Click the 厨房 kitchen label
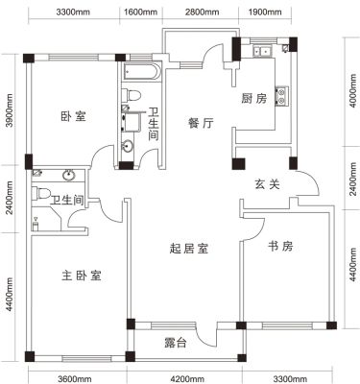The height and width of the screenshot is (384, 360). (x=253, y=98)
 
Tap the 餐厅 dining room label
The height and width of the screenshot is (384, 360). (x=201, y=123)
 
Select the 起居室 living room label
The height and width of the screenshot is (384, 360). (x=189, y=249)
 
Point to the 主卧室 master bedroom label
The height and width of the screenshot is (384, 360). (x=82, y=276)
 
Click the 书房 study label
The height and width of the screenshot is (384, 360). (x=280, y=246)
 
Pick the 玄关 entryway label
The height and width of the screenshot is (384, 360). (x=267, y=184)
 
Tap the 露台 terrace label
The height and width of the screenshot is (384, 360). (x=176, y=343)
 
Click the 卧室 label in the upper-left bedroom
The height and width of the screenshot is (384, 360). (x=73, y=116)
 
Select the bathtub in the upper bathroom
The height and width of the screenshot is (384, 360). (x=140, y=72)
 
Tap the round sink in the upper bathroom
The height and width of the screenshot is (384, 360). (x=128, y=147)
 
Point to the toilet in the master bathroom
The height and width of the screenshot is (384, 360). (x=41, y=194)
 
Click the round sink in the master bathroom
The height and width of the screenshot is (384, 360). (x=69, y=176)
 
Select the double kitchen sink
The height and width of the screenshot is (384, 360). (x=262, y=51)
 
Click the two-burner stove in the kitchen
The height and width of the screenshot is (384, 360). (x=282, y=97)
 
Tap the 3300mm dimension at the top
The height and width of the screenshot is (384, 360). (x=74, y=12)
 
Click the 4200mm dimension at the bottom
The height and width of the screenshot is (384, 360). (x=187, y=379)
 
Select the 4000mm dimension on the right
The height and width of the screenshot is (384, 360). (x=352, y=90)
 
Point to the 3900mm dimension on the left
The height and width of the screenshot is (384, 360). (x=10, y=110)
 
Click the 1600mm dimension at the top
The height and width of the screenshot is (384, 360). (x=141, y=12)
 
